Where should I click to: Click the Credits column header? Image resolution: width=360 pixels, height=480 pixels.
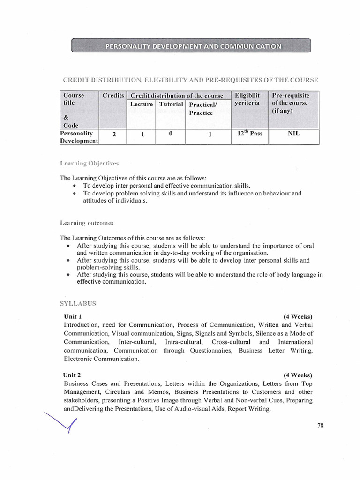coord(113,95)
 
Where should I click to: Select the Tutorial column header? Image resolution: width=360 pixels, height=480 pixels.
coord(171,104)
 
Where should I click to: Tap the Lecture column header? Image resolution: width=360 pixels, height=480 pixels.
coord(142,104)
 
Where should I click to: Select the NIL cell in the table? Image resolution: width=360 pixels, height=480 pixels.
coord(293,134)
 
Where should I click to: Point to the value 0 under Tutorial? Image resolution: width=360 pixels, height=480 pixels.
coord(171,134)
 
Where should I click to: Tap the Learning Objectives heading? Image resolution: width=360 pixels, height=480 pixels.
coord(89,164)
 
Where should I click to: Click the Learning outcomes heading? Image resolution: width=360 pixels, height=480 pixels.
coord(87,223)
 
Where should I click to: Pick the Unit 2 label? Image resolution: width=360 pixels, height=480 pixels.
coord(73,375)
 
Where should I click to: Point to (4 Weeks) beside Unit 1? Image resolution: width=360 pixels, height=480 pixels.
coord(298,316)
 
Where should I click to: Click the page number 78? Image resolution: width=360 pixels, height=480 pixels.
coord(321,425)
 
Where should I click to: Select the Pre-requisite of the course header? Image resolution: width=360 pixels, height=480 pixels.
coord(290,103)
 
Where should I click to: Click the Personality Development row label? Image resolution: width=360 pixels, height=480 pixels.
coord(79,137)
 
